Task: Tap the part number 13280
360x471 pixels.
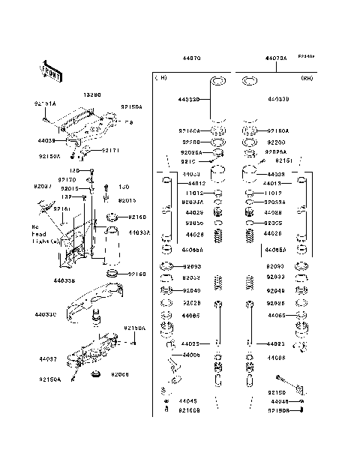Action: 91,96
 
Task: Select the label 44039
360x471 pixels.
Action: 46,139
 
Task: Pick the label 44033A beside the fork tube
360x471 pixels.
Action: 139,232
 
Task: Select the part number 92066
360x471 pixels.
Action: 121,373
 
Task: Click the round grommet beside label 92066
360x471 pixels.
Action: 95,373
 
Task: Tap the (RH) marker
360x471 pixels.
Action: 306,78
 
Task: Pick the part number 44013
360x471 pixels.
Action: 272,183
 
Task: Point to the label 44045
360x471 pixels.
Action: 187,401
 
